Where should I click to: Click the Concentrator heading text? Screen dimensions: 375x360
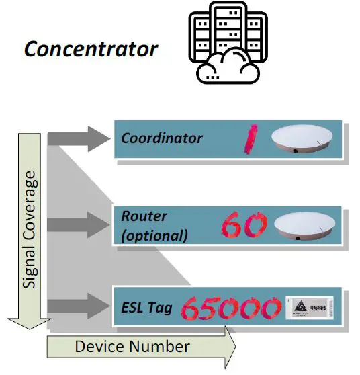(x=91, y=49)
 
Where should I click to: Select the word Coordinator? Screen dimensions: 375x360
(x=161, y=138)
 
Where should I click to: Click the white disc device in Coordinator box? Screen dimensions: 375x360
(x=302, y=138)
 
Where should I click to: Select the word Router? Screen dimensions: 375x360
(x=144, y=217)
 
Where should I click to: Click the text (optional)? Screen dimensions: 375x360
(x=154, y=235)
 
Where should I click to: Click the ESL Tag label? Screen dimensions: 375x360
(x=147, y=308)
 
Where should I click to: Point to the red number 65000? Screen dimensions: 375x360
(x=230, y=309)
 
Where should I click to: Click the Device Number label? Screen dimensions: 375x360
(x=132, y=347)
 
